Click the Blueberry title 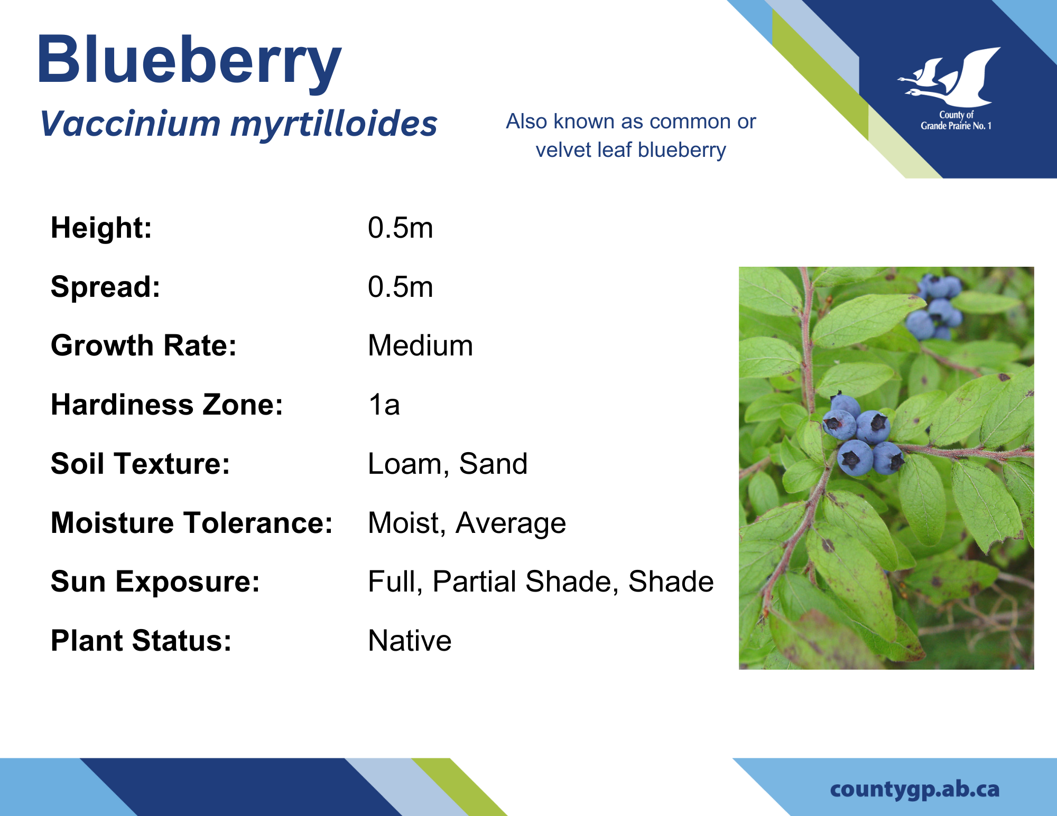pyautogui.click(x=189, y=61)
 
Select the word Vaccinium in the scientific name pyautogui.click(x=130, y=124)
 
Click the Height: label pyautogui.click(x=101, y=228)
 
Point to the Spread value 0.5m pyautogui.click(x=400, y=287)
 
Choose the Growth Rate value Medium pyautogui.click(x=420, y=346)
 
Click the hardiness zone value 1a pyautogui.click(x=384, y=405)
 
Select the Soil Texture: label pyautogui.click(x=141, y=464)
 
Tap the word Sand pyautogui.click(x=493, y=464)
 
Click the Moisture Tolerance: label pyautogui.click(x=192, y=523)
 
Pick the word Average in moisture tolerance pyautogui.click(x=511, y=523)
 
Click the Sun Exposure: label pyautogui.click(x=155, y=582)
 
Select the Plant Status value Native pyautogui.click(x=410, y=641)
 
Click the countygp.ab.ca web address pyautogui.click(x=915, y=790)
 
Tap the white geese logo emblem pyautogui.click(x=949, y=77)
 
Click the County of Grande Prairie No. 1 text pyautogui.click(x=956, y=120)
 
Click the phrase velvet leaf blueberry pyautogui.click(x=631, y=151)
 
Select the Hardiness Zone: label pyautogui.click(x=167, y=405)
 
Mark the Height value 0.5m pyautogui.click(x=400, y=228)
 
